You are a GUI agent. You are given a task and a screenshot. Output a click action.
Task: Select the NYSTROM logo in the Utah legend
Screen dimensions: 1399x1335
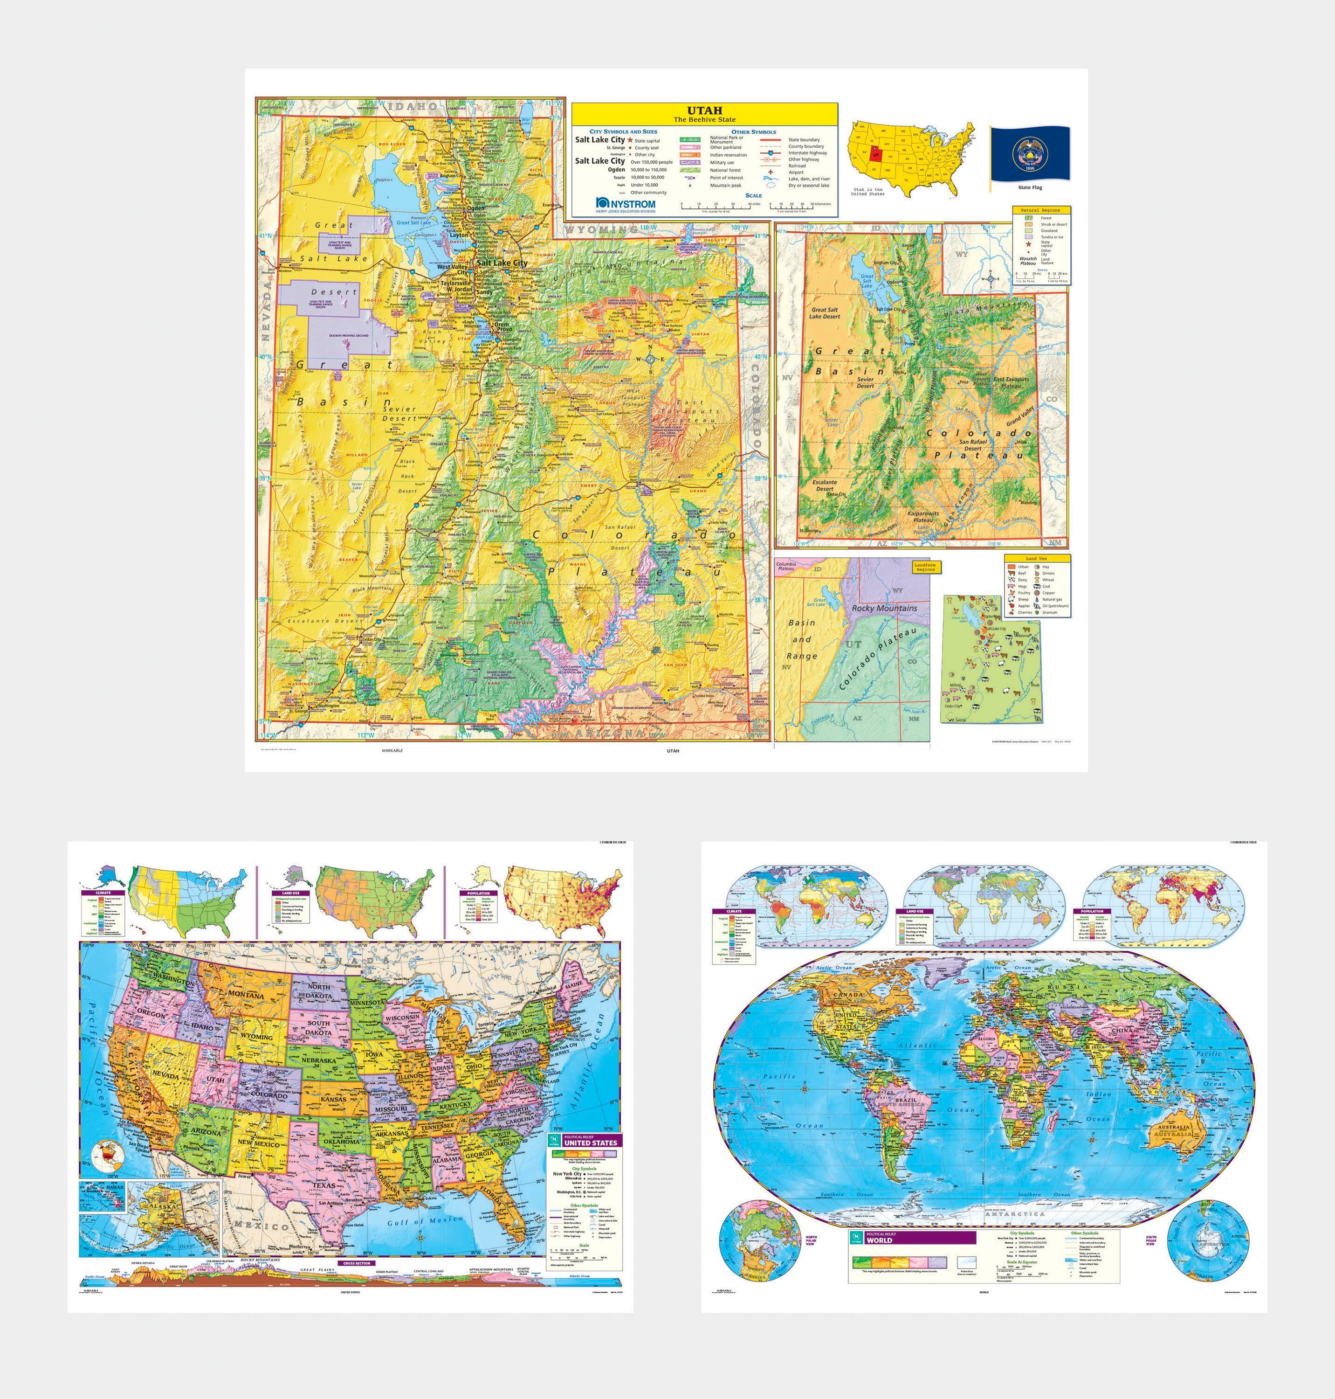tap(626, 204)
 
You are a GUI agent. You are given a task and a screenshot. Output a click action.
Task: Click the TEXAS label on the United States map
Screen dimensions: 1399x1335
tap(324, 1185)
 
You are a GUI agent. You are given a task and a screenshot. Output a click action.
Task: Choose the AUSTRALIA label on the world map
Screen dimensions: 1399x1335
tap(1173, 1129)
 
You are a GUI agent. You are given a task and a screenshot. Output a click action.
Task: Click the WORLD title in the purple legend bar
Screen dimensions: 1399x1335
tap(879, 1240)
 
